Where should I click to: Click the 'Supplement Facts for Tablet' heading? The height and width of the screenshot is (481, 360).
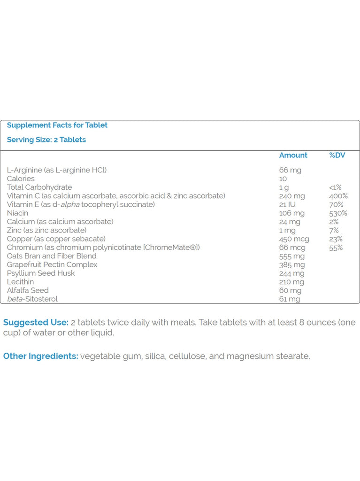pyautogui.click(x=57, y=125)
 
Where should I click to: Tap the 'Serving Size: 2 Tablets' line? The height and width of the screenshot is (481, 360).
pyautogui.click(x=46, y=140)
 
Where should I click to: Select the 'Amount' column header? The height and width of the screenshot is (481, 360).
pyautogui.click(x=293, y=155)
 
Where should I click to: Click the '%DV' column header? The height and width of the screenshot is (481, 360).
pyautogui.click(x=337, y=155)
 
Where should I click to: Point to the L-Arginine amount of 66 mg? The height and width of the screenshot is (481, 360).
pyautogui.click(x=290, y=170)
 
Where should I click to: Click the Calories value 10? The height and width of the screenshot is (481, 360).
pyautogui.click(x=283, y=178)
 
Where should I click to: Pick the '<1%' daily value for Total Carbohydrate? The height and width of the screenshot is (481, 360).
pyautogui.click(x=335, y=187)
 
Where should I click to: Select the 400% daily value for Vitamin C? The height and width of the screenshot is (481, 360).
pyautogui.click(x=338, y=196)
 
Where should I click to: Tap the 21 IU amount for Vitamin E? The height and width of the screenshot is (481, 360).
pyautogui.click(x=288, y=204)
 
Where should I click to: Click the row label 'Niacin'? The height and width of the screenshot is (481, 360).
pyautogui.click(x=17, y=213)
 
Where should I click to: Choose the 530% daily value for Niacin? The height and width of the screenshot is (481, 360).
pyautogui.click(x=338, y=213)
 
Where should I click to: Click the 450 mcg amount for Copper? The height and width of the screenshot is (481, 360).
pyautogui.click(x=294, y=239)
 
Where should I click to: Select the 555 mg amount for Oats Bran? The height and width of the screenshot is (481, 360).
pyautogui.click(x=292, y=256)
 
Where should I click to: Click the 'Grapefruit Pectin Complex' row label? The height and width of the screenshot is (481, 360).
pyautogui.click(x=52, y=264)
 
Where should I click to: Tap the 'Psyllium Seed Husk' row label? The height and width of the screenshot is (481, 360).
pyautogui.click(x=41, y=273)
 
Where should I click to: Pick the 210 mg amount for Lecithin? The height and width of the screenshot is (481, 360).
pyautogui.click(x=291, y=282)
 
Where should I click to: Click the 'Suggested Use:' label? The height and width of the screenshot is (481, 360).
pyautogui.click(x=36, y=323)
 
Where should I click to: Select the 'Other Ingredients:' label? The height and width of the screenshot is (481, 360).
pyautogui.click(x=41, y=356)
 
